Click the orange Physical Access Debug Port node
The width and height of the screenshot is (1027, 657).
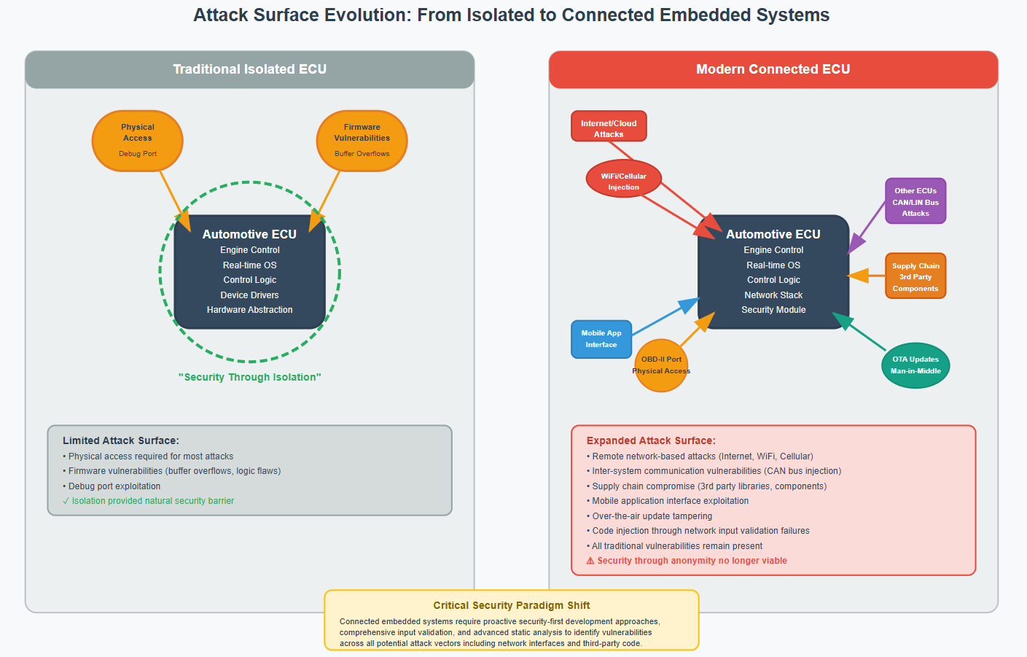(137, 141)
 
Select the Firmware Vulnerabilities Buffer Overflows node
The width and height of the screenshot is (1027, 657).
(362, 141)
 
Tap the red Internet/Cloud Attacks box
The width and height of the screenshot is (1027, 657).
(609, 126)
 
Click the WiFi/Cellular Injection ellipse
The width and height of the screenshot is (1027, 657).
(623, 179)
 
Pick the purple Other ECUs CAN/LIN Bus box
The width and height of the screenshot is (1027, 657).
(915, 201)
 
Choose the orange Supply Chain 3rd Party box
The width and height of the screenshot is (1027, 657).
(915, 276)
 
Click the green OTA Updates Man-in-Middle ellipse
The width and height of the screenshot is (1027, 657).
(915, 365)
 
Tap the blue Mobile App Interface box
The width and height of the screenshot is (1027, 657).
(601, 339)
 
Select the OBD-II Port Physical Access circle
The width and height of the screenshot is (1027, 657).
(661, 365)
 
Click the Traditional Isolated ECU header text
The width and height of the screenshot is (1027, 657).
(249, 69)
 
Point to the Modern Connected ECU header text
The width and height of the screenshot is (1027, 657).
(773, 69)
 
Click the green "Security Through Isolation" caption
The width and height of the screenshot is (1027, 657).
(249, 377)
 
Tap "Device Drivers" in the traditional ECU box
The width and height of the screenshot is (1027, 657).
(249, 295)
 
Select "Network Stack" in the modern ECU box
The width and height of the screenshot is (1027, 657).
(773, 295)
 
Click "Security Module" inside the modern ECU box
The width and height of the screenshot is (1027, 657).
(773, 310)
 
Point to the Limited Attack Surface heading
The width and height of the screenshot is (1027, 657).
(121, 440)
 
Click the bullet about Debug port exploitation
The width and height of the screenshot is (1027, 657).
(114, 486)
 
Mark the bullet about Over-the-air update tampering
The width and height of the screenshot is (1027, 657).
(652, 516)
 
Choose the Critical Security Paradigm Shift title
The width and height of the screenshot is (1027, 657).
(511, 605)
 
